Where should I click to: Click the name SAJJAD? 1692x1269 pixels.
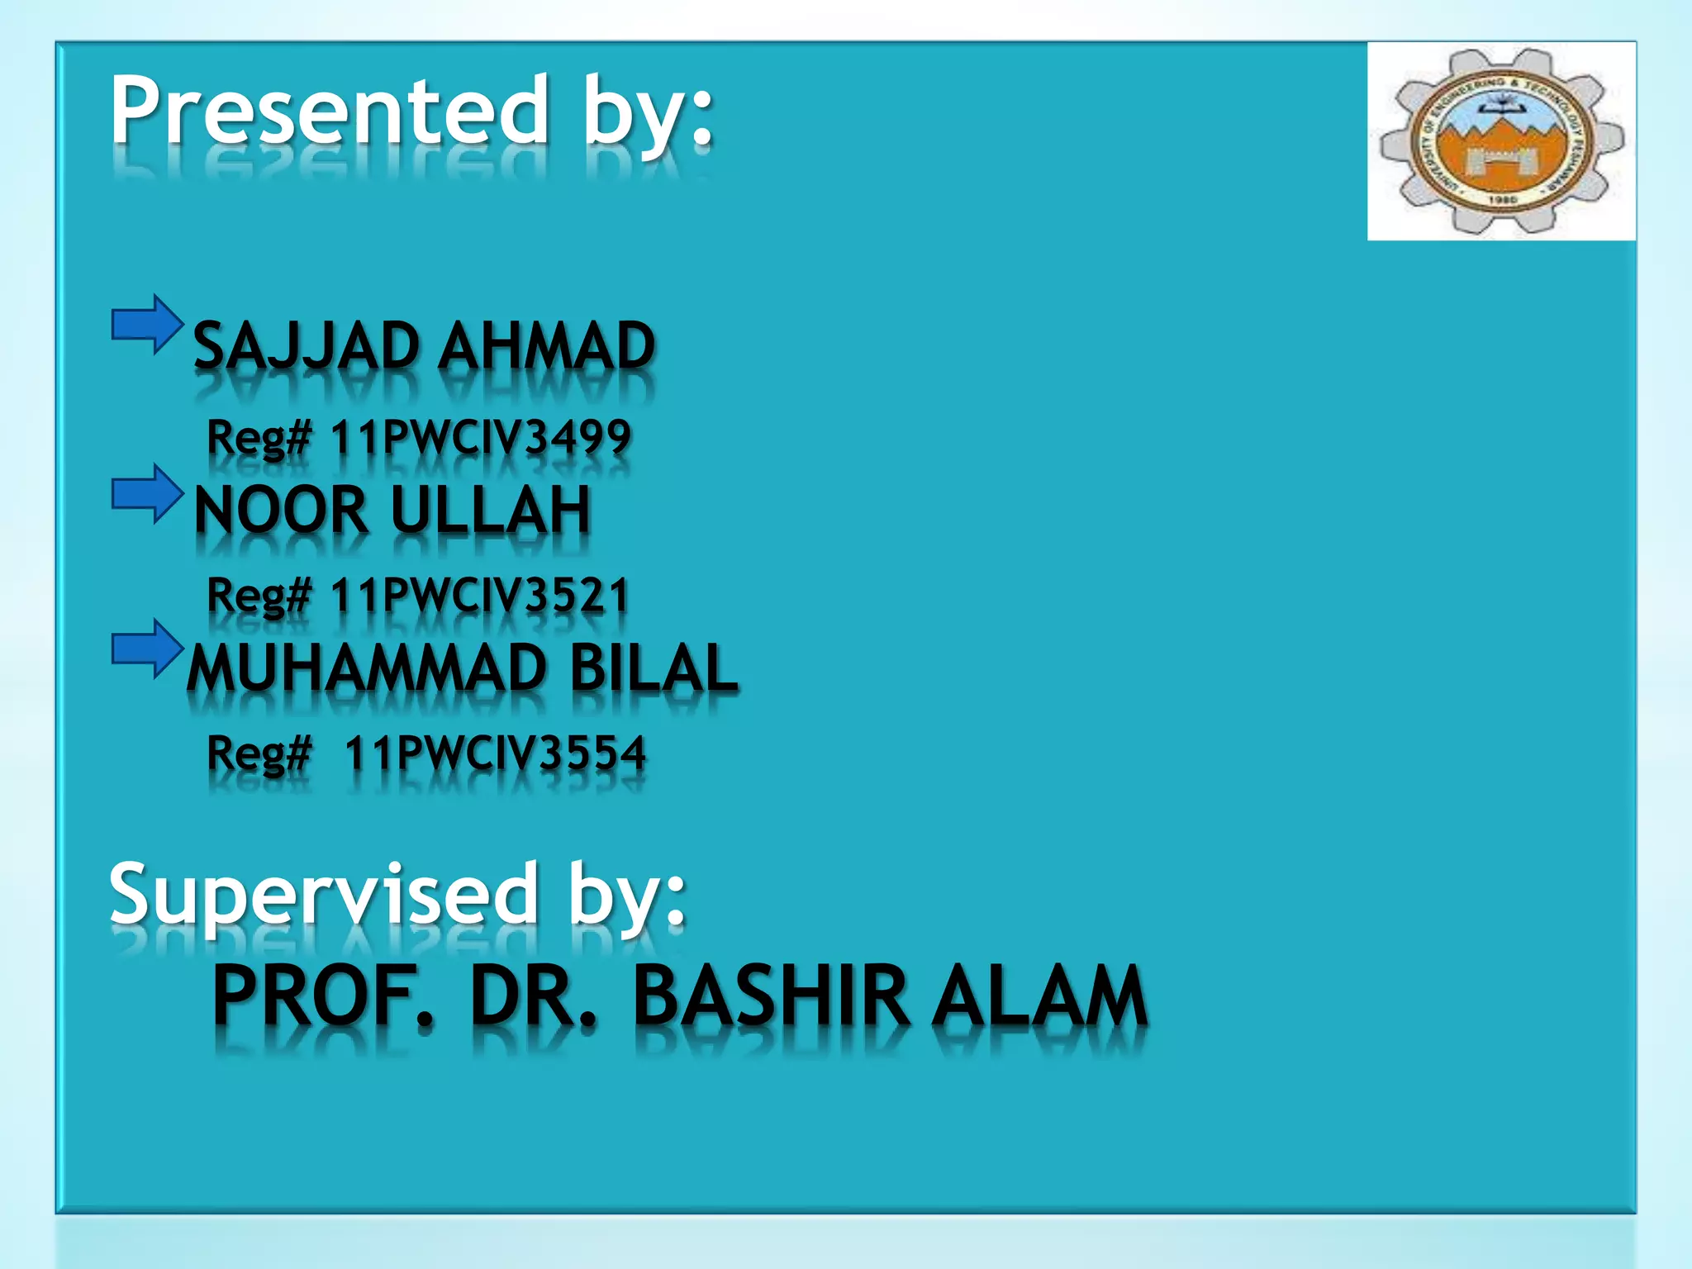306,346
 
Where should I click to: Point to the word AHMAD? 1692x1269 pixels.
546,346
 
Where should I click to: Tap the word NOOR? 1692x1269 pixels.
281,511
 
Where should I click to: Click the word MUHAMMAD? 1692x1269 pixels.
367,668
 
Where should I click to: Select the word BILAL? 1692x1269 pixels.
653,668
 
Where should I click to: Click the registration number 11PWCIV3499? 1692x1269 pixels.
480,437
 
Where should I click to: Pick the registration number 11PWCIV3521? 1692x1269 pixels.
480,596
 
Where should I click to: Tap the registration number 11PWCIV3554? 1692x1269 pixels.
494,753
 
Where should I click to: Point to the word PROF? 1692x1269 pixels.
323,996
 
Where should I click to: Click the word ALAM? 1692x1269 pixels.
1041,996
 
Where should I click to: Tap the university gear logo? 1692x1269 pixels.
1501,141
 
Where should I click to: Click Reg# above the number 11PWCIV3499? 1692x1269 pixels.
259,437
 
